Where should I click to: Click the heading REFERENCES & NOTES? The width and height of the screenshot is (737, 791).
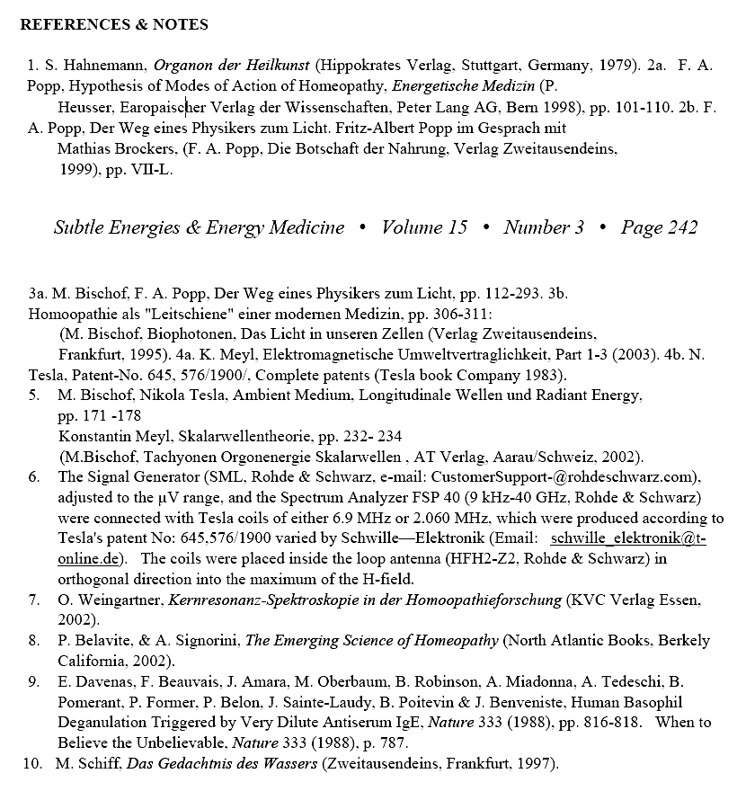click(114, 24)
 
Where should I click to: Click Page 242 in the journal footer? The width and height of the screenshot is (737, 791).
click(659, 227)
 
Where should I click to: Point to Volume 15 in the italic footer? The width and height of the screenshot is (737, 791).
click(424, 227)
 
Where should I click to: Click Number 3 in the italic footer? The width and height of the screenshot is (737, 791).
click(544, 227)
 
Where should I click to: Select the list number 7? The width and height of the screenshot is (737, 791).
click(33, 600)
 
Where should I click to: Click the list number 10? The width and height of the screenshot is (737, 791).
click(31, 764)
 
